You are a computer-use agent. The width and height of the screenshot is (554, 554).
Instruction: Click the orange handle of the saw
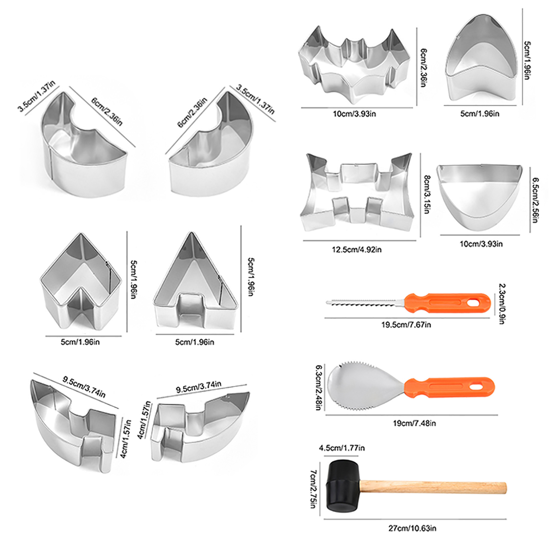click(x=447, y=303)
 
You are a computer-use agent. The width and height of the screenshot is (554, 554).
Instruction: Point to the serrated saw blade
click(x=365, y=303)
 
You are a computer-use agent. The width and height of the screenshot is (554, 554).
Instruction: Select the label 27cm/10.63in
click(x=412, y=528)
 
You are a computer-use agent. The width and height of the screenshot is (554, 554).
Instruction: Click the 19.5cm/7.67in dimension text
click(x=406, y=325)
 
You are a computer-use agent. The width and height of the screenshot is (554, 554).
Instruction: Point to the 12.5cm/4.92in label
click(x=357, y=249)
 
